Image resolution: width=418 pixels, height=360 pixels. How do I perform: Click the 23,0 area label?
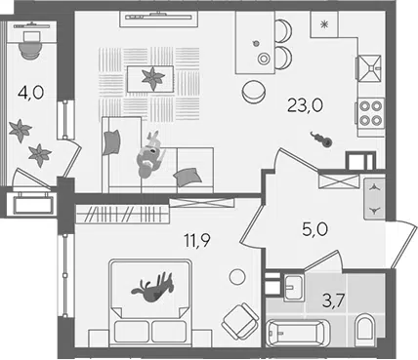pyautogui.click(x=305, y=106)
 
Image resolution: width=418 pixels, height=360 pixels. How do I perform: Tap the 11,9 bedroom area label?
pyautogui.click(x=197, y=240)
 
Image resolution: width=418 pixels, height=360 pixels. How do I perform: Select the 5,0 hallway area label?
pyautogui.click(x=314, y=230)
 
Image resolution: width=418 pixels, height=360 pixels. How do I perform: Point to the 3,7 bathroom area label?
pyautogui.click(x=333, y=300)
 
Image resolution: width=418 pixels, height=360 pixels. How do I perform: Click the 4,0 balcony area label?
pyautogui.click(x=31, y=93)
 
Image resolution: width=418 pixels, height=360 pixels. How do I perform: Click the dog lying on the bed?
pyautogui.click(x=152, y=287)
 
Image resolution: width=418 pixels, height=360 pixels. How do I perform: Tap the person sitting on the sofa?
pyautogui.click(x=150, y=155)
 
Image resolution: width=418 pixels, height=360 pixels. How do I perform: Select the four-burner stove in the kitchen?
pyautogui.click(x=370, y=113)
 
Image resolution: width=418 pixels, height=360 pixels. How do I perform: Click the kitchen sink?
pyautogui.click(x=369, y=68)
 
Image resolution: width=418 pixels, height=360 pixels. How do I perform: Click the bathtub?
pyautogui.click(x=298, y=333)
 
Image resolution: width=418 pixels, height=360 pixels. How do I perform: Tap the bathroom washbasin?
pyautogui.click(x=293, y=288)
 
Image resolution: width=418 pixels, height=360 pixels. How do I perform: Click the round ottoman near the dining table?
pyautogui.click(x=254, y=92)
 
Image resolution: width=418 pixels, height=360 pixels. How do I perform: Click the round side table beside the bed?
pyautogui.click(x=237, y=277)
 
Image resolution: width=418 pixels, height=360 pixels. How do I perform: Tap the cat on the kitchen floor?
pyautogui.click(x=321, y=139)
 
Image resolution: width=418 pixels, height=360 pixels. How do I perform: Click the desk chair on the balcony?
pyautogui.click(x=30, y=45)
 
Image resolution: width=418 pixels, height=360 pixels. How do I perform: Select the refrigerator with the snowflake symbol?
pyautogui.click(x=324, y=24)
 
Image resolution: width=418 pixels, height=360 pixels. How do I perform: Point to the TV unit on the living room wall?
pyautogui.click(x=159, y=19)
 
